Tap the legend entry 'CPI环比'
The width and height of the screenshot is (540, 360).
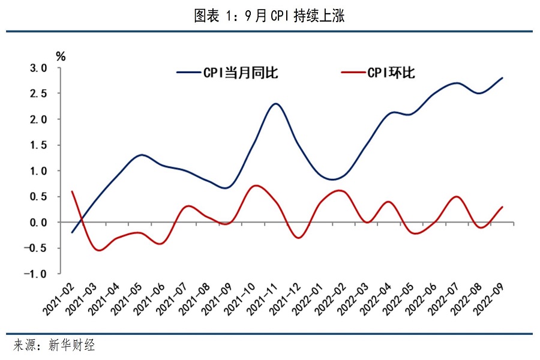point(390,73)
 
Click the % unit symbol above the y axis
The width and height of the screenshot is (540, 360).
point(61,56)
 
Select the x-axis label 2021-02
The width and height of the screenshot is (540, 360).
point(58,299)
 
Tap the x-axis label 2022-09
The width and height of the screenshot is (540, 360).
point(488,299)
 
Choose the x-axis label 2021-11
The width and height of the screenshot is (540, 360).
point(262,299)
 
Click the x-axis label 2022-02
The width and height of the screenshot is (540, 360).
point(330,299)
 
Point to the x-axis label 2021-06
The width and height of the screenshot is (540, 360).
point(149,299)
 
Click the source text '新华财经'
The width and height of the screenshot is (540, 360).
point(71,346)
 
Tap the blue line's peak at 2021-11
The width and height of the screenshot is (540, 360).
point(275,104)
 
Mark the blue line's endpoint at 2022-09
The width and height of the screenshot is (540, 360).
point(502,78)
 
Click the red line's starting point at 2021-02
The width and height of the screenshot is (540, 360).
point(72,191)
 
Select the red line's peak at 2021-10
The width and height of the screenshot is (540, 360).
point(255,185)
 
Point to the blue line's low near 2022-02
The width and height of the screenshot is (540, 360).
point(333,179)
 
